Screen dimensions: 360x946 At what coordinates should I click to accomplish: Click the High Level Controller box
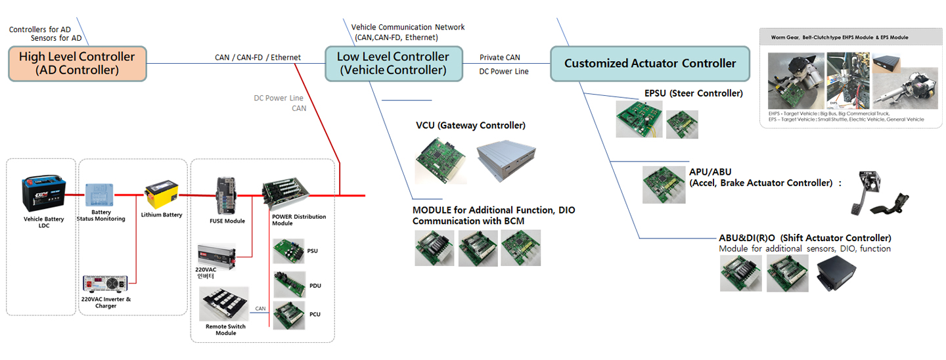77,63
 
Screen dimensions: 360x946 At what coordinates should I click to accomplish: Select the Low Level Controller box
393,63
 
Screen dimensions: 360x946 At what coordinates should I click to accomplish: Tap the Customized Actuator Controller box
650,63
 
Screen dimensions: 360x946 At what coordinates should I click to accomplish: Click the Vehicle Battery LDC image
45,193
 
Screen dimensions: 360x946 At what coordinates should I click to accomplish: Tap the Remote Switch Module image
224,304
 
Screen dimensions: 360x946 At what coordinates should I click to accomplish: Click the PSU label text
313,251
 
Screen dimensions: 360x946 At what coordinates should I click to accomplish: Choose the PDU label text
314,286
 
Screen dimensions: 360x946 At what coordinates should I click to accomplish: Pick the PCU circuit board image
288,315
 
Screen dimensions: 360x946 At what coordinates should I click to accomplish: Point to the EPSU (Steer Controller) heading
693,93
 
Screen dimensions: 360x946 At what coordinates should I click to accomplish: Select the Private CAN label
499,58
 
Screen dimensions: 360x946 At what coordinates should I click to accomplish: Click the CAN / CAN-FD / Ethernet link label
258,58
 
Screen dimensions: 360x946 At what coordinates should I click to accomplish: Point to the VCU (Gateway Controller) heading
470,125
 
